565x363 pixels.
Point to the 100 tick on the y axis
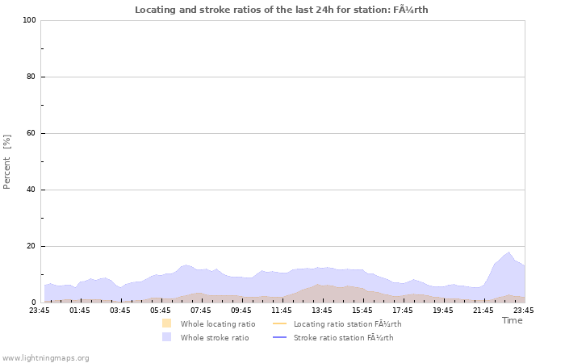(29, 20)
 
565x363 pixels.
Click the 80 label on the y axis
(31, 77)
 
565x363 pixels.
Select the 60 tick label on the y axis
(31, 133)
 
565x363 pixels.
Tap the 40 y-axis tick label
(31, 190)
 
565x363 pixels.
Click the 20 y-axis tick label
(31, 246)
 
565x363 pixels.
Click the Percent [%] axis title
(7, 161)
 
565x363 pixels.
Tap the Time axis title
(512, 320)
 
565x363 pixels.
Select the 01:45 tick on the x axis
(80, 310)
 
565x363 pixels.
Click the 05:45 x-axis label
(161, 310)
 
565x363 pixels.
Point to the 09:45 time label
(241, 310)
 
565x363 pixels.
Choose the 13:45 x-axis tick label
(322, 310)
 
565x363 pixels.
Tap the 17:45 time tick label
(403, 310)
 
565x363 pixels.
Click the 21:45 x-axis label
(483, 310)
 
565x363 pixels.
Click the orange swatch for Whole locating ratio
(166, 323)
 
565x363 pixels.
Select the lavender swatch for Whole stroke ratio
(166, 337)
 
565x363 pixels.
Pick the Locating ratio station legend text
(347, 323)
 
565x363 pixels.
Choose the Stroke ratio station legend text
(343, 337)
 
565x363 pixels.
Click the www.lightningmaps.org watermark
(45, 357)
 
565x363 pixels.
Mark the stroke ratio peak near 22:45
(508, 252)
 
